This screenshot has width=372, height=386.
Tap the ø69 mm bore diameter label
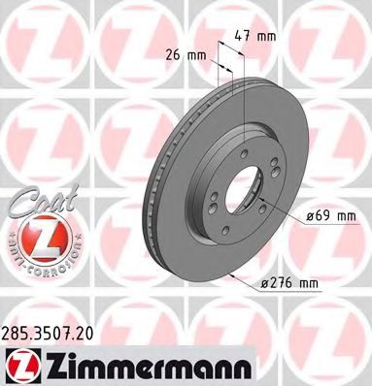[300, 216]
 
